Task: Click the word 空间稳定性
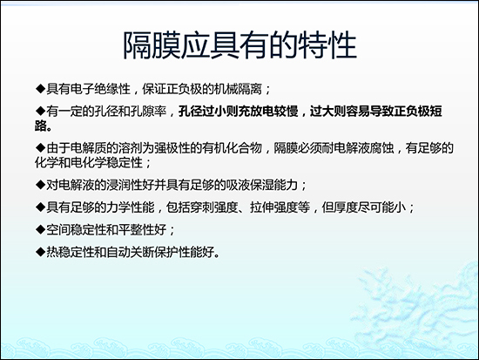click(x=72, y=230)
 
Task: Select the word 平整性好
click(x=146, y=230)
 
